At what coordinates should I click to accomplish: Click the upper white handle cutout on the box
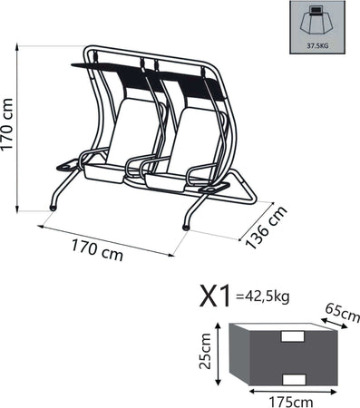pos(293,336)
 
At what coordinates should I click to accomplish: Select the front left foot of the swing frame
pos(53,208)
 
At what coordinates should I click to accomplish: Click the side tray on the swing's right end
pos(216,188)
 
